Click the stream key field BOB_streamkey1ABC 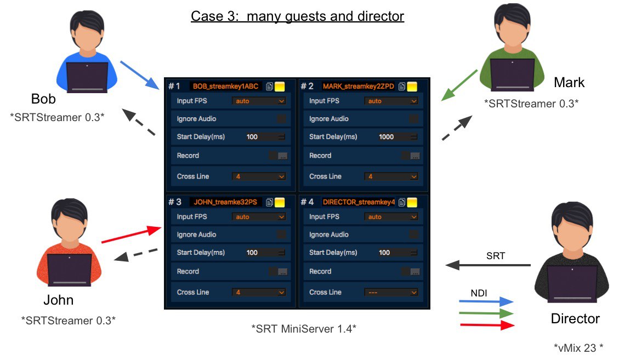click(225, 86)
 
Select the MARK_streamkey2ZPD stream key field click(359, 86)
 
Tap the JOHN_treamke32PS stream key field click(225, 202)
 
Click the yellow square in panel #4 click(412, 202)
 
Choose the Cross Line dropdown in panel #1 click(259, 176)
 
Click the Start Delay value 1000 click(387, 137)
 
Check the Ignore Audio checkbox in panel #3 click(281, 235)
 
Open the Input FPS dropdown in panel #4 click(391, 217)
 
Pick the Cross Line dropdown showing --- click(391, 292)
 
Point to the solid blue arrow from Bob click(139, 75)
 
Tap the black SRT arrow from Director click(488, 265)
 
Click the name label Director click(575, 318)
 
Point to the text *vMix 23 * click(578, 347)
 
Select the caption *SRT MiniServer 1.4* click(304, 329)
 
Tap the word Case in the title click(205, 16)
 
